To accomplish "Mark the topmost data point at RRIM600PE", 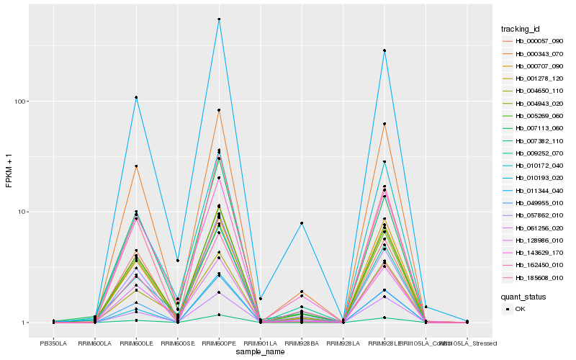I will tap(219, 19).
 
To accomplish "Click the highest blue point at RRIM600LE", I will tap(136, 97).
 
